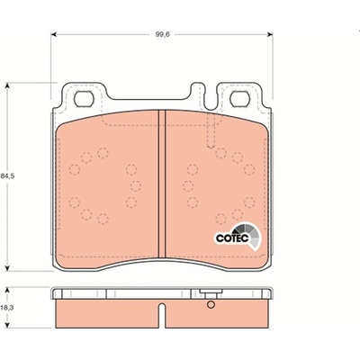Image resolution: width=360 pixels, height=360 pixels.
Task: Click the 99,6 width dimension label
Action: point(162,34)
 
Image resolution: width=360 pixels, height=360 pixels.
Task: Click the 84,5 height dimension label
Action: point(7,176)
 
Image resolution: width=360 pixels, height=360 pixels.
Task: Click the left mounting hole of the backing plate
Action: point(84,99)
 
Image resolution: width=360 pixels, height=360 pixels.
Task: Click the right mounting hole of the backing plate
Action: point(240,99)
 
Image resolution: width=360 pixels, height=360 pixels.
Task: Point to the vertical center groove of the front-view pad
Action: point(162,184)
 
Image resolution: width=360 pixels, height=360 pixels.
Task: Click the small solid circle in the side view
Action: point(211,305)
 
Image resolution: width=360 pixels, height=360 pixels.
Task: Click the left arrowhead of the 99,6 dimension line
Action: point(54,34)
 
